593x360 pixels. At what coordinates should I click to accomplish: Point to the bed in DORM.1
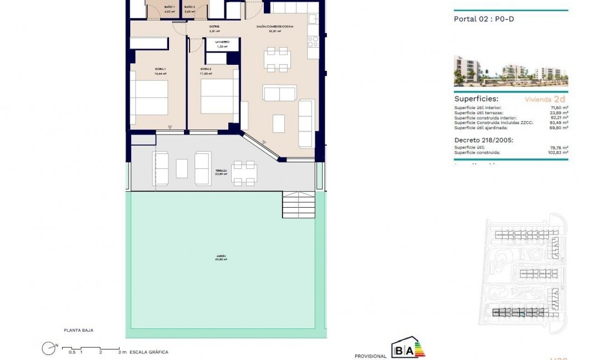(x=149, y=97)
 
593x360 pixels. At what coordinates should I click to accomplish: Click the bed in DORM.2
(x=219, y=97)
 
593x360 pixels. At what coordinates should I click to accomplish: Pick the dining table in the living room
(x=278, y=60)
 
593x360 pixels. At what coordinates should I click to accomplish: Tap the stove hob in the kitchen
(x=313, y=42)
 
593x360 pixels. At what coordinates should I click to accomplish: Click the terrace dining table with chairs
(x=244, y=173)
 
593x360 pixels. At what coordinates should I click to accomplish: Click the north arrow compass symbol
(x=50, y=348)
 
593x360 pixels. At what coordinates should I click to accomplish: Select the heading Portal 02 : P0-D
(x=480, y=19)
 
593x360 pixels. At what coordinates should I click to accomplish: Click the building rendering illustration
(x=510, y=71)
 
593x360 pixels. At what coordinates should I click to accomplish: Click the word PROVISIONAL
(x=370, y=356)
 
